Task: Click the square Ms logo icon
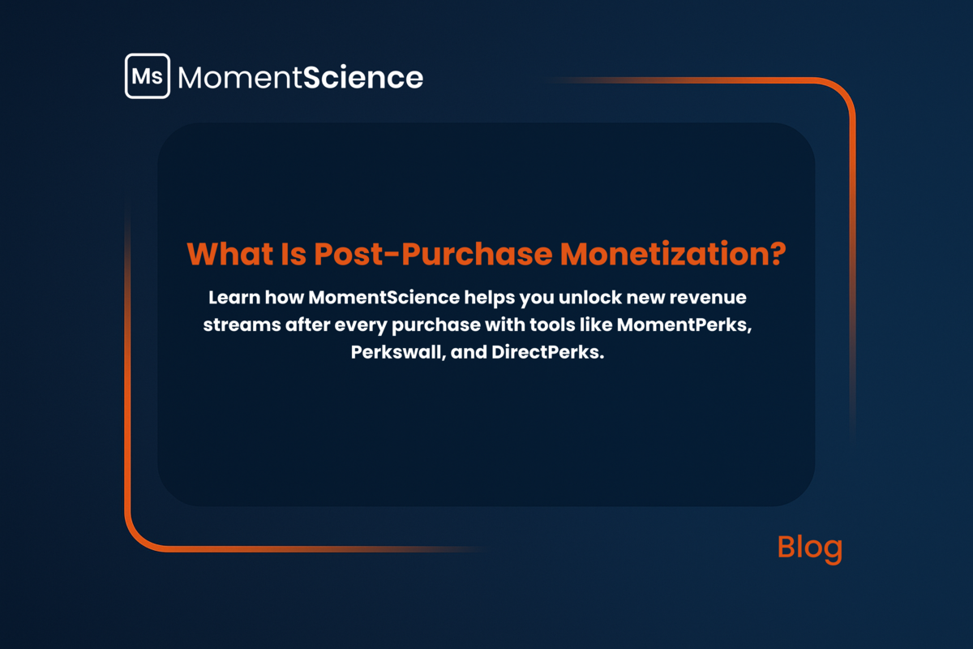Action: (148, 76)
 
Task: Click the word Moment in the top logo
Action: (240, 78)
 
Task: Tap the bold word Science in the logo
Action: (363, 77)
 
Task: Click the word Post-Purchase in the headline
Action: (433, 253)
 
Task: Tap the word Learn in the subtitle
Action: (234, 298)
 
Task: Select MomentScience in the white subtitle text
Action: (384, 298)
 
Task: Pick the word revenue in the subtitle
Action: (708, 299)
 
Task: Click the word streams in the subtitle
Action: (242, 325)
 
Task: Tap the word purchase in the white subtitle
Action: (436, 326)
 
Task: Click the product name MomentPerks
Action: (684, 324)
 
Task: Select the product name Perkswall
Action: (398, 352)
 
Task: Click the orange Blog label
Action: (810, 548)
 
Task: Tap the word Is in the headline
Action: (294, 253)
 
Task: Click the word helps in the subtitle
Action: (490, 299)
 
